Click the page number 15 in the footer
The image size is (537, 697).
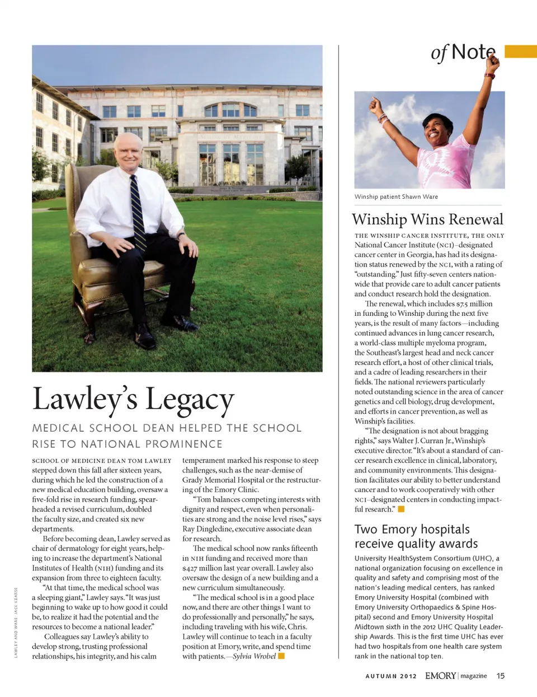coord(500,676)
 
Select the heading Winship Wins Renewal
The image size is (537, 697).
coord(427,219)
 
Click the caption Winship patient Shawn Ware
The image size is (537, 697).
coord(396,197)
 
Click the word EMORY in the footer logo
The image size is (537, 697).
coord(440,676)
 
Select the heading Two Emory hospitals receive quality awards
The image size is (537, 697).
coord(416,536)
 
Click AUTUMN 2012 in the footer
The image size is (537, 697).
coord(391,676)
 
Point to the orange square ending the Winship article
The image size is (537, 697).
coord(401,509)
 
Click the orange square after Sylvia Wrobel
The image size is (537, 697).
coord(281,656)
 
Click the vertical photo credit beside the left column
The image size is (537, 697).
coord(16,622)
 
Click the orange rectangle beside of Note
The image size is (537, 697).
coord(520,52)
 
